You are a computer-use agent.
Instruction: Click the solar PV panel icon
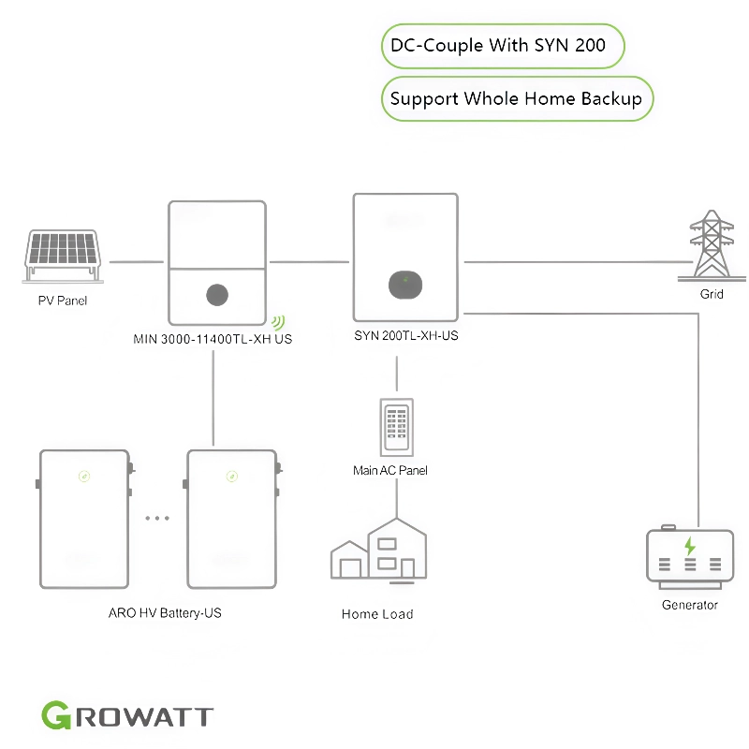[x=64, y=253]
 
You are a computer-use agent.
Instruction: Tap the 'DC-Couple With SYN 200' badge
[x=503, y=45]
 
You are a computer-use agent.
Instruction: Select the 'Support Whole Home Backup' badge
[x=516, y=98]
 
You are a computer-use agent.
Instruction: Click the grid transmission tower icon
[x=712, y=245]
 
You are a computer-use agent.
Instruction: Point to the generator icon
[x=689, y=557]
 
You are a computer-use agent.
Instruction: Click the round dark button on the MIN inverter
[x=216, y=295]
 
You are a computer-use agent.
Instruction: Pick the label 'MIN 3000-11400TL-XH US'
[x=213, y=339]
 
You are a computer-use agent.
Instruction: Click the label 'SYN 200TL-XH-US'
[x=406, y=334]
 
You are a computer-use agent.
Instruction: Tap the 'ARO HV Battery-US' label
[x=165, y=613]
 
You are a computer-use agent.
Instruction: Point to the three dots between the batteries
[x=157, y=518]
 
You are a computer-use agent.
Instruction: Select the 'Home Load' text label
[x=377, y=614]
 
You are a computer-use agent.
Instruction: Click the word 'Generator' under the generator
[x=690, y=605]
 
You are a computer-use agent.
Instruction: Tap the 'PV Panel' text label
[x=63, y=301]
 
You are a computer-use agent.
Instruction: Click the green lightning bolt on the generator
[x=690, y=546]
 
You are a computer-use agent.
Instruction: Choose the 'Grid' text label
[x=712, y=294]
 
